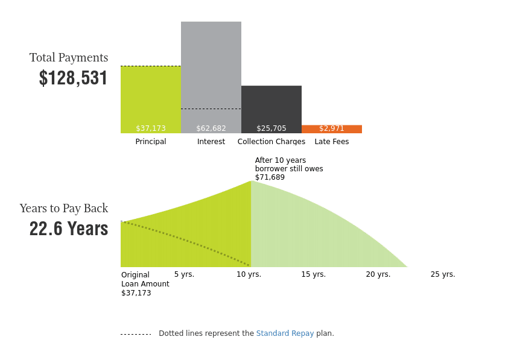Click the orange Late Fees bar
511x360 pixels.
[332, 129]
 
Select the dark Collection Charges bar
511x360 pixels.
[271, 110]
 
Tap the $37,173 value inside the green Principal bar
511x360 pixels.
[151, 128]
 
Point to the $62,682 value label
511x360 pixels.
[211, 128]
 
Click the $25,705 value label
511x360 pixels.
[271, 128]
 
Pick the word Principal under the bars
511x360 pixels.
[151, 141]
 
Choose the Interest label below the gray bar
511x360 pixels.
[211, 141]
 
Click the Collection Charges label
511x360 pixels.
[271, 141]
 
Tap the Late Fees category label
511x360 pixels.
[332, 141]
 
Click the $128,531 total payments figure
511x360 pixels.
[74, 78]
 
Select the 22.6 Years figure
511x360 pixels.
[69, 229]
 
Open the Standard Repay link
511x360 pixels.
[285, 333]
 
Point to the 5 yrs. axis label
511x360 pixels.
[184, 274]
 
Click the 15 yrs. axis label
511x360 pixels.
[314, 274]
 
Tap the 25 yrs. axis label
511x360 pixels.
[443, 274]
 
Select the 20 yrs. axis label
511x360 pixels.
[378, 274]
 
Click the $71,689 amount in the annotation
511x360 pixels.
[270, 177]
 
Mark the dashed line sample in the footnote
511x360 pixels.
[136, 334]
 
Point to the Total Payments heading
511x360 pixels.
[69, 58]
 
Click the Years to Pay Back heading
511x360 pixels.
[64, 209]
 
